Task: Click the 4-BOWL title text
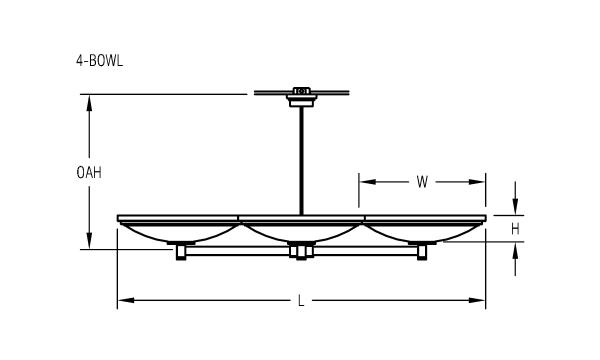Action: (99, 61)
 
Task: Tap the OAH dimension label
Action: (89, 173)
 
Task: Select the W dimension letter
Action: (422, 182)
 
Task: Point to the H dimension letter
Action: (515, 229)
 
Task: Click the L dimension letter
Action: (301, 301)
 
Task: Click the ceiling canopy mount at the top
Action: (301, 97)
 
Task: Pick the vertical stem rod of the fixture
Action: (301, 161)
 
